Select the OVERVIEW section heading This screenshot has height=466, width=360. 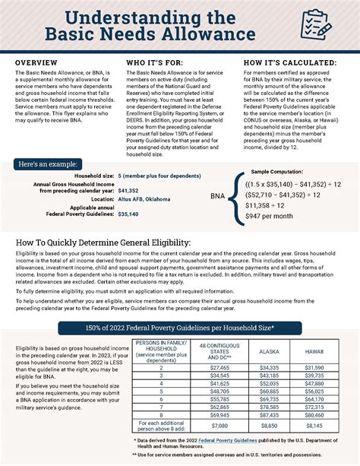(37, 62)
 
